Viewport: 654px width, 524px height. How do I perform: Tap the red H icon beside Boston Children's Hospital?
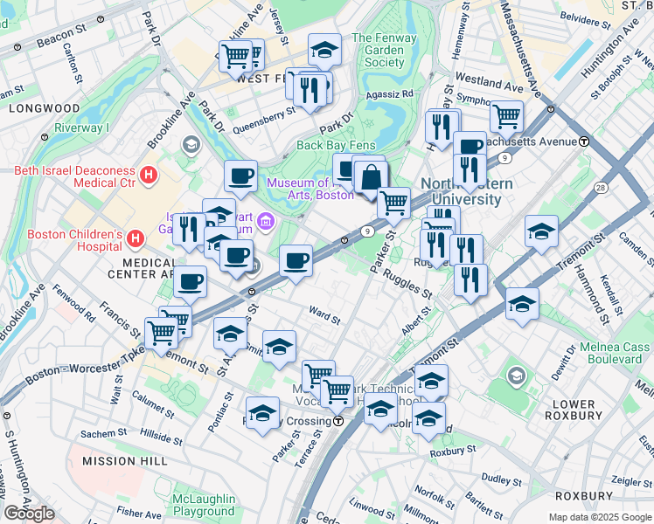point(136,238)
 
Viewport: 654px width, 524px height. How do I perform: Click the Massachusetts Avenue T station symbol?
point(583,141)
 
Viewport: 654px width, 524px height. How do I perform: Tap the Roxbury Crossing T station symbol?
point(337,421)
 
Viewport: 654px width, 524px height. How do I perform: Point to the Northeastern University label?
point(462,191)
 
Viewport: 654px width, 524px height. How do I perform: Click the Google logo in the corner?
point(29,513)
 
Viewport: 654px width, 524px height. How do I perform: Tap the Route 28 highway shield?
point(600,188)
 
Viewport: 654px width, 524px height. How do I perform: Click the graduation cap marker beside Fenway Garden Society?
point(324,51)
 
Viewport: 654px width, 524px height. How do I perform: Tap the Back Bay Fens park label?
point(336,145)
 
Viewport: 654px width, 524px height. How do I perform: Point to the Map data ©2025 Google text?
point(599,517)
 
